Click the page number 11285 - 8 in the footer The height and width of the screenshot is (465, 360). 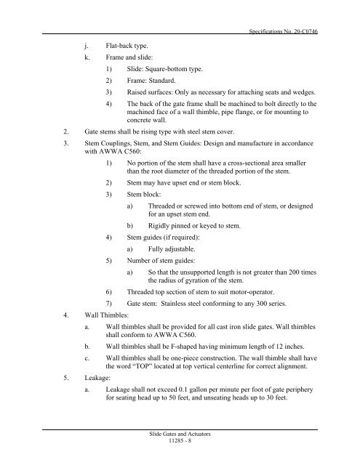179,442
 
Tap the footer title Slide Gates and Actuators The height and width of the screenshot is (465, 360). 179,434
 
